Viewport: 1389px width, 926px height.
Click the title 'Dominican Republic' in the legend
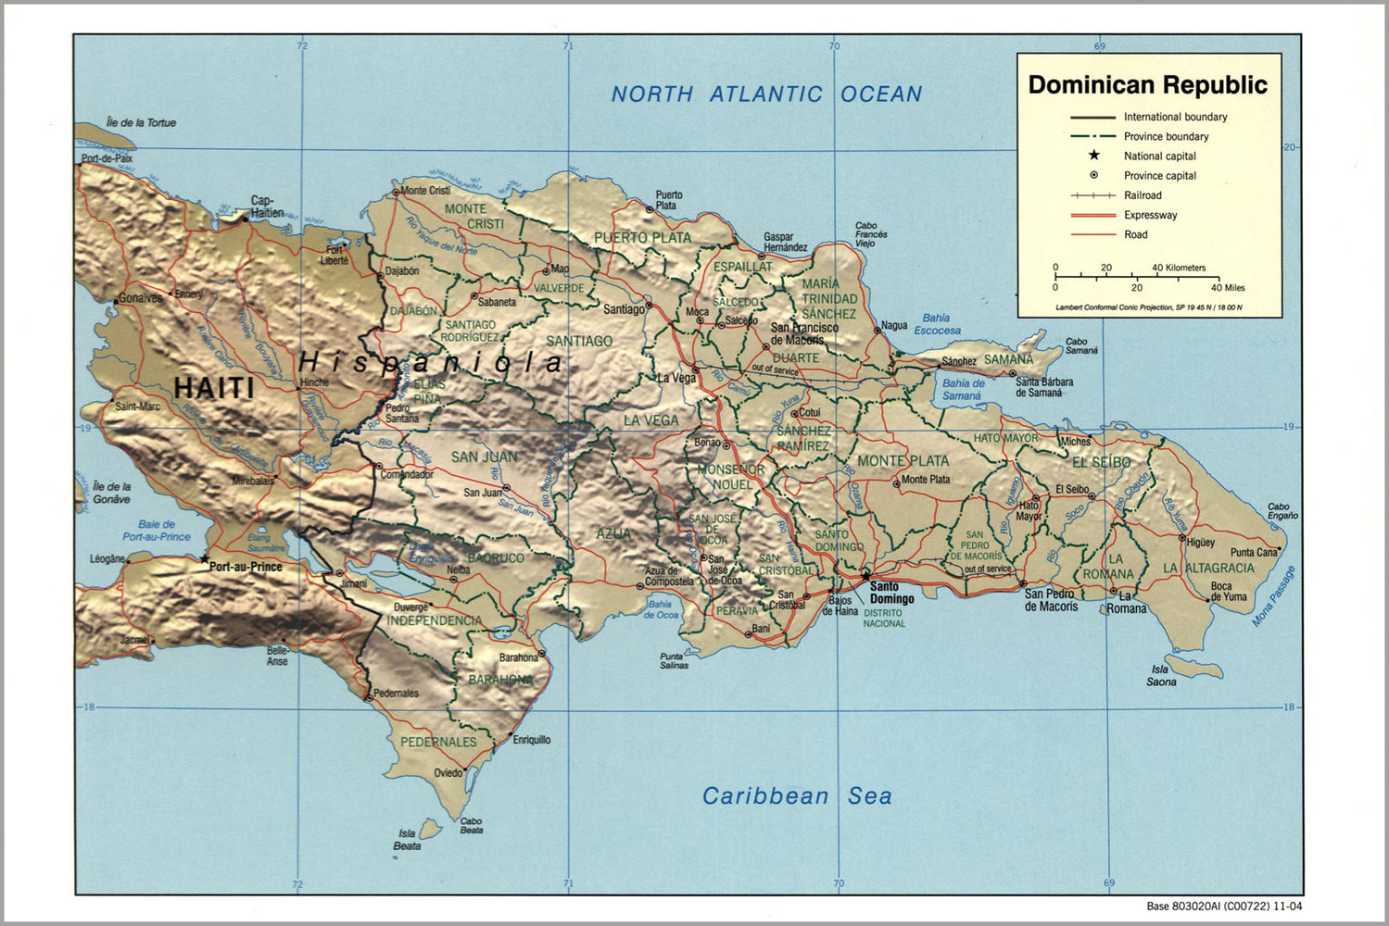1147,85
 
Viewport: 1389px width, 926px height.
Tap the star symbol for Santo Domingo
865,575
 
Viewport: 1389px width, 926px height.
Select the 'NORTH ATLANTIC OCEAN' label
766,94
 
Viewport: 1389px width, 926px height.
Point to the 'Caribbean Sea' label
796,795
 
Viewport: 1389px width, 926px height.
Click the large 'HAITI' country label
214,387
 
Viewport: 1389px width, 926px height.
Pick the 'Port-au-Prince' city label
246,567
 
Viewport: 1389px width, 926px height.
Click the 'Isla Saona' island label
1161,675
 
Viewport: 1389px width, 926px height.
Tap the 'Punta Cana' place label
1253,553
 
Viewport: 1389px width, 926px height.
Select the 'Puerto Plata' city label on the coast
668,200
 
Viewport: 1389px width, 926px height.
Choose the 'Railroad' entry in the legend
1142,195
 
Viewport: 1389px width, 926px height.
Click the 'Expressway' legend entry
1150,215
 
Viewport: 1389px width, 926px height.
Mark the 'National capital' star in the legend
1094,156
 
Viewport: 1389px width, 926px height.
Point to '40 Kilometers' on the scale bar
1179,268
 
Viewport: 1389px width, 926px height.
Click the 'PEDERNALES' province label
438,742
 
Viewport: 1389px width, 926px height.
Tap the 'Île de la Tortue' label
141,122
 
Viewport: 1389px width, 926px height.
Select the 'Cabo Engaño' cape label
1282,511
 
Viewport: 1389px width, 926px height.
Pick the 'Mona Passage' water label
1274,596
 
